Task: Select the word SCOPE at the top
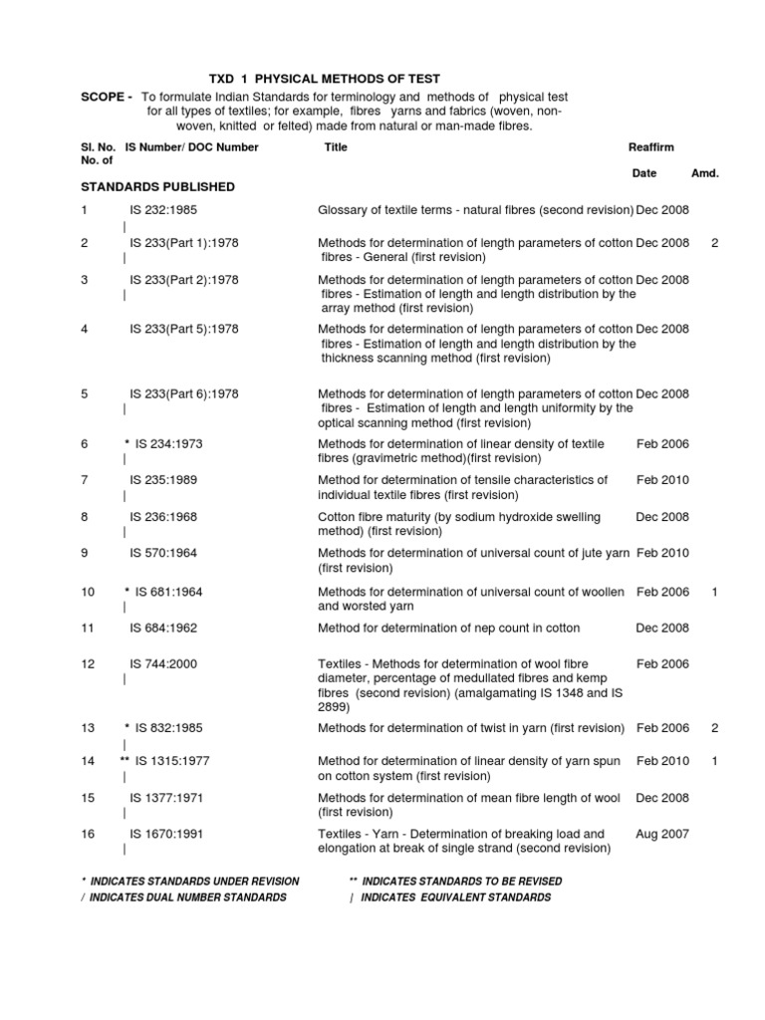pos(104,97)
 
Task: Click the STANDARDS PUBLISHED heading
pos(157,186)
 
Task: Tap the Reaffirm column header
pos(651,147)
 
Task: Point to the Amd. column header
pos(705,173)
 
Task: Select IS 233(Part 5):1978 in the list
pos(184,329)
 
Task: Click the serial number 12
pos(88,663)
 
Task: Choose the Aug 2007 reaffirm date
pos(662,834)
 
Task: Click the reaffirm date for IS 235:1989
pos(662,480)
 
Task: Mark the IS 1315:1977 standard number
pos(173,761)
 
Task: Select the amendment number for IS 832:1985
pos(714,728)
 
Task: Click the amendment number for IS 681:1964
pos(714,592)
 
